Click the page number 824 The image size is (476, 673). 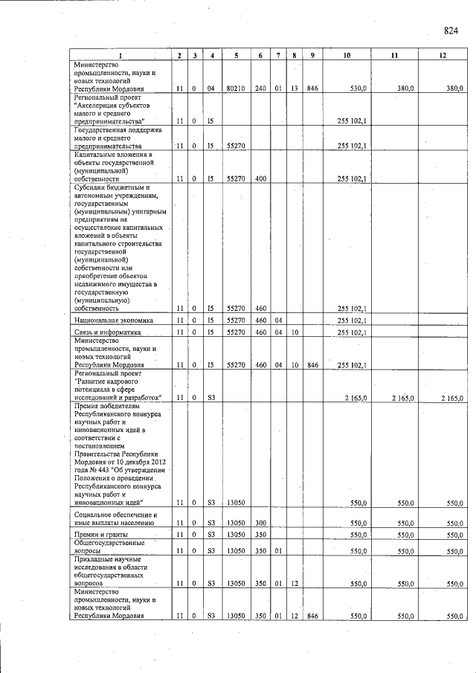tap(451, 30)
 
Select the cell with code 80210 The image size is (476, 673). tap(236, 88)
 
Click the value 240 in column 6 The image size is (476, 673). tap(260, 88)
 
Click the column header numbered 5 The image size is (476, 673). tap(236, 57)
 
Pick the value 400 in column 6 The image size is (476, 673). tap(260, 179)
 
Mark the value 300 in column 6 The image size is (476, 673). tap(260, 524)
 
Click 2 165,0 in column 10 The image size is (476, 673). tap(355, 399)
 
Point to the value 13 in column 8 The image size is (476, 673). tap(295, 88)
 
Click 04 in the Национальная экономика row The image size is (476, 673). tap(277, 321)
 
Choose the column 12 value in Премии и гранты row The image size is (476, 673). tap(452, 535)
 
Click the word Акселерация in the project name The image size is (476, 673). tap(98, 105)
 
